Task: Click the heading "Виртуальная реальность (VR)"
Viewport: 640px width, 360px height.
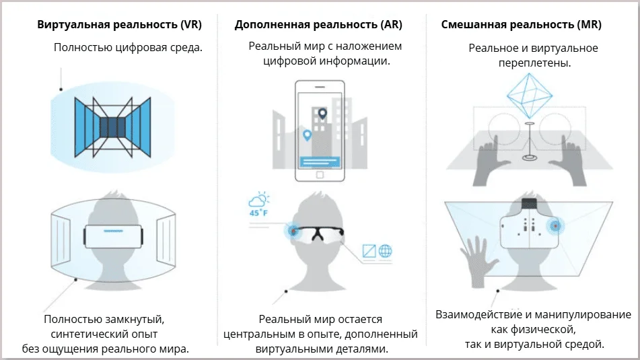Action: coord(120,25)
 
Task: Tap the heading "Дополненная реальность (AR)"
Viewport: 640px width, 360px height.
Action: coord(318,25)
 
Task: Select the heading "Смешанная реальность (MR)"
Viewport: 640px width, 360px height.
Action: coord(522,25)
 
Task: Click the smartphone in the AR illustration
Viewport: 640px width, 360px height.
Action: coord(320,131)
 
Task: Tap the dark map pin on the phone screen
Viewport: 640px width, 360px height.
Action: coord(322,114)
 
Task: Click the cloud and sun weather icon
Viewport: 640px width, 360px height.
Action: coord(259,200)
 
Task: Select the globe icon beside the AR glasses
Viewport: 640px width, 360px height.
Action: coord(386,251)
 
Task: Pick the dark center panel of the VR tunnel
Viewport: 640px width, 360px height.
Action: coord(113,127)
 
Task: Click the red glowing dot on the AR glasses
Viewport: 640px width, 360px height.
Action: coord(294,231)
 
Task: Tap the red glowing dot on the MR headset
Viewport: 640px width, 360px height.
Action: coord(555,225)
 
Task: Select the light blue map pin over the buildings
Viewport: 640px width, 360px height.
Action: coord(308,135)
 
